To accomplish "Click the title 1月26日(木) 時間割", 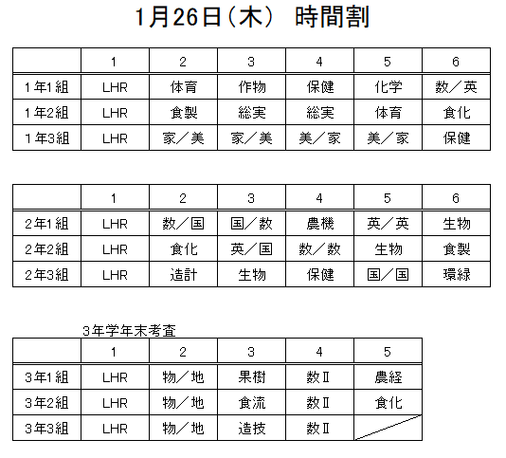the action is pyautogui.click(x=252, y=17).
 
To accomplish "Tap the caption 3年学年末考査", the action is pyautogui.click(x=129, y=331).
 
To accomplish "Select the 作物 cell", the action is pyautogui.click(x=252, y=87).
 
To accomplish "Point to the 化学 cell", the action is pyautogui.click(x=388, y=87).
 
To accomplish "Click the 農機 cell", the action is pyautogui.click(x=319, y=224).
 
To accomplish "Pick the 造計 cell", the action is pyautogui.click(x=183, y=275).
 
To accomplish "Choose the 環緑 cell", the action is pyautogui.click(x=457, y=275).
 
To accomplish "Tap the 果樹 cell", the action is pyautogui.click(x=252, y=377).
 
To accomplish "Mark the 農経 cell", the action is pyautogui.click(x=388, y=377).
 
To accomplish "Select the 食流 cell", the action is pyautogui.click(x=252, y=402).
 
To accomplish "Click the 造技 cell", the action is pyautogui.click(x=252, y=429).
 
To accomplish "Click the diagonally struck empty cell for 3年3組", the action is pyautogui.click(x=388, y=428).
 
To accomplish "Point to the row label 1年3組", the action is pyautogui.click(x=46, y=138).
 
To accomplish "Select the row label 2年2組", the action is pyautogui.click(x=46, y=249).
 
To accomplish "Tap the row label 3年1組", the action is pyautogui.click(x=46, y=377).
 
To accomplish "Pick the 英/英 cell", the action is pyautogui.click(x=388, y=224).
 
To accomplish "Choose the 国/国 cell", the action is pyautogui.click(x=388, y=275).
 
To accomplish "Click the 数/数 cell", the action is pyautogui.click(x=319, y=249).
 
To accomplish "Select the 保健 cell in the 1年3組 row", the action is pyautogui.click(x=457, y=138).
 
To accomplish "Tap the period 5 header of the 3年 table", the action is pyautogui.click(x=388, y=352).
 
